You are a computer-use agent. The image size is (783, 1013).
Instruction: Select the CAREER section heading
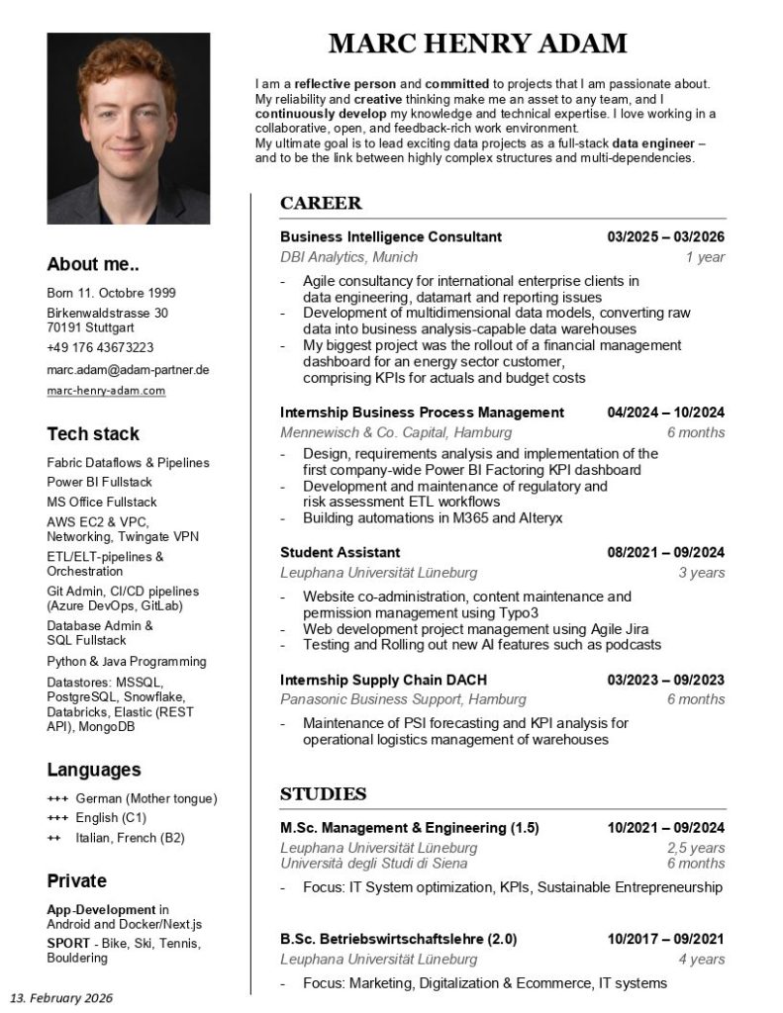point(321,204)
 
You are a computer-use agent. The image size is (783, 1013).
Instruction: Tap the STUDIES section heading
point(323,793)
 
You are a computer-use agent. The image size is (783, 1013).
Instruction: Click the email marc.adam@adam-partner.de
point(128,369)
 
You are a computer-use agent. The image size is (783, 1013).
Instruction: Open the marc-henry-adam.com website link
point(106,391)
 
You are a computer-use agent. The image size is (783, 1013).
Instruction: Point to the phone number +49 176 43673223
point(100,347)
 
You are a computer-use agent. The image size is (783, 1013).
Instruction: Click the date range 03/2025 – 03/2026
point(665,237)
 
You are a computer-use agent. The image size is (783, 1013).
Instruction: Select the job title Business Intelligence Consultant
point(390,237)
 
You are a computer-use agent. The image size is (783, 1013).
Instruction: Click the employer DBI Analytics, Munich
point(335,257)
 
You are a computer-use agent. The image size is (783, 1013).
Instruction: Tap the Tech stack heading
point(93,433)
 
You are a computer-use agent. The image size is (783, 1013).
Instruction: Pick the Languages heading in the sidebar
point(94,770)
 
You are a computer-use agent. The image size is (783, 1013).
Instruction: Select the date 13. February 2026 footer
point(61,997)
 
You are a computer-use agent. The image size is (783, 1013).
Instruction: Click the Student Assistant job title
point(340,552)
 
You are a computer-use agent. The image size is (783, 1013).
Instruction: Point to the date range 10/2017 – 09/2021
point(665,939)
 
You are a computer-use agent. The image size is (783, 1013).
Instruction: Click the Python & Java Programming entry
point(127,661)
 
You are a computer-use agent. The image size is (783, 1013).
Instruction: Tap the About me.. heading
point(93,264)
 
